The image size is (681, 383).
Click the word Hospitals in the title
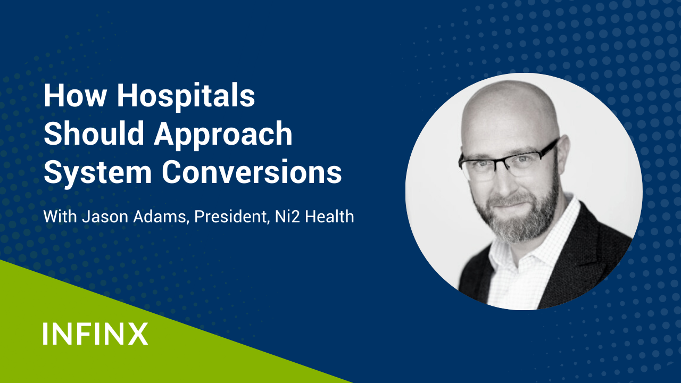pos(186,97)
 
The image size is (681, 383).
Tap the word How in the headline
pos(75,95)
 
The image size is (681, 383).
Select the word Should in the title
pos(94,133)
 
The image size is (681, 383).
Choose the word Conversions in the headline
pos(252,172)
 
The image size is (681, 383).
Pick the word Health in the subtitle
pos(329,217)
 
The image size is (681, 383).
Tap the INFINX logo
pos(95,334)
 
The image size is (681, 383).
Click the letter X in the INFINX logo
pos(138,334)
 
